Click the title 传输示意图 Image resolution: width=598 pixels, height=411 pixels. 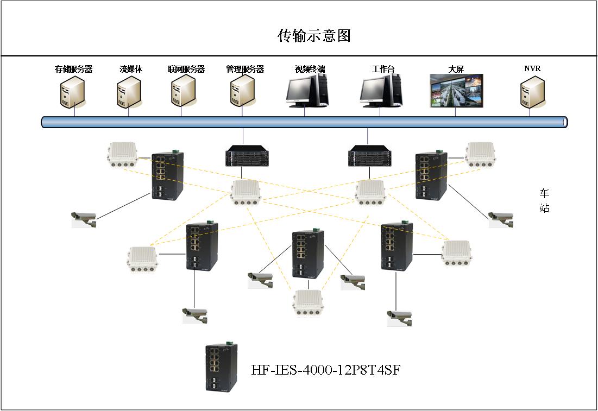pos(314,36)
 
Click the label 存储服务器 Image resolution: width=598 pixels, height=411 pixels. pos(73,69)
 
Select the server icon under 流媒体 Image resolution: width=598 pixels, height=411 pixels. pos(129,92)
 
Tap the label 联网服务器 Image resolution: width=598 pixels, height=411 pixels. pos(186,69)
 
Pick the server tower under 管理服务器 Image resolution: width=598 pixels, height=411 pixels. pos(242,92)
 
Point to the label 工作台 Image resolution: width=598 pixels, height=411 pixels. pos(383,69)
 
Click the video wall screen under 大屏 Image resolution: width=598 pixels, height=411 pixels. pos(456,91)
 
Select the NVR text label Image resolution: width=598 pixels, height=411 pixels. pos(532,69)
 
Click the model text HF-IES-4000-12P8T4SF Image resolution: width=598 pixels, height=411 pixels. pos(326,370)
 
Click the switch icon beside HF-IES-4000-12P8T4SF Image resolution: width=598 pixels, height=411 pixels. pos(221,367)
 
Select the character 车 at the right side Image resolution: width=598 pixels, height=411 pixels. pos(544,193)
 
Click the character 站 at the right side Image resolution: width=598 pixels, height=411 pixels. pos(544,208)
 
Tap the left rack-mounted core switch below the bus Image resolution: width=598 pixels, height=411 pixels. pos(244,155)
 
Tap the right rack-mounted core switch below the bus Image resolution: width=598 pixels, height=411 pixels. pos(369,155)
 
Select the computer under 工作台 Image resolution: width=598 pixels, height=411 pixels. pos(382,90)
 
